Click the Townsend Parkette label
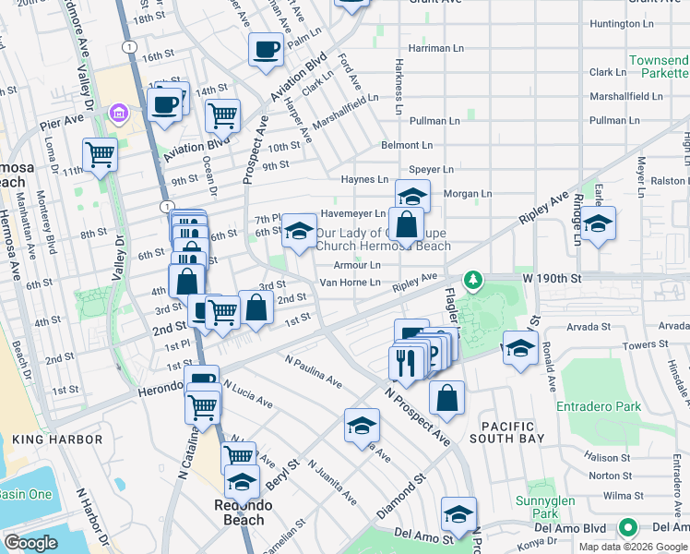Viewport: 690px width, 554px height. click(659, 66)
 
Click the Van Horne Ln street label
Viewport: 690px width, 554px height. click(350, 283)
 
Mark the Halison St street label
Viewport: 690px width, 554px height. click(607, 458)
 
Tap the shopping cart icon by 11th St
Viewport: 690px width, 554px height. click(100, 155)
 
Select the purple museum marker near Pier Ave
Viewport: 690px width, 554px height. click(118, 114)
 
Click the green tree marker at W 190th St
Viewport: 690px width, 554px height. click(472, 278)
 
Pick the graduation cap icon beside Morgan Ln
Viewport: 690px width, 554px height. click(413, 196)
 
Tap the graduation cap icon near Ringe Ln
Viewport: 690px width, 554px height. click(598, 223)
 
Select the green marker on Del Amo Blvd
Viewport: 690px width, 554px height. click(628, 527)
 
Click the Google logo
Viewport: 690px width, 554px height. click(31, 544)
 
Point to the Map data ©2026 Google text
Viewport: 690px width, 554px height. click(633, 546)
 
